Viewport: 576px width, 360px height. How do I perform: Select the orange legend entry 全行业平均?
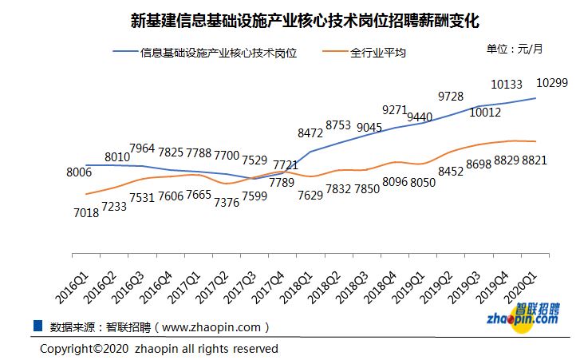coord(378,53)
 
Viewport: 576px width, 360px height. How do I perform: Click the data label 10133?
coord(507,82)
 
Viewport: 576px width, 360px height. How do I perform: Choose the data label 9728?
coord(452,97)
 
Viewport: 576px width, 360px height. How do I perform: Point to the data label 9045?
coord(369,126)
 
